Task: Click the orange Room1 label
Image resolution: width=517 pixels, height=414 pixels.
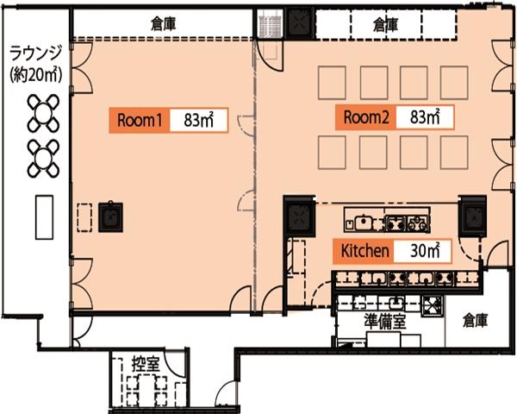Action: (x=140, y=120)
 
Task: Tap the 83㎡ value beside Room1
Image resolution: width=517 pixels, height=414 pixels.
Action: (x=199, y=120)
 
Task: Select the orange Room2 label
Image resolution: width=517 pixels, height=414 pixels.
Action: (x=366, y=117)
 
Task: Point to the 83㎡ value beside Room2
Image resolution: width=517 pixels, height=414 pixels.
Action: (x=425, y=117)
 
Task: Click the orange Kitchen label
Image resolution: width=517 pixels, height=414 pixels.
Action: (x=364, y=251)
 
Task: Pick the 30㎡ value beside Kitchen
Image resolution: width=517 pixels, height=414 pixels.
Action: (x=423, y=251)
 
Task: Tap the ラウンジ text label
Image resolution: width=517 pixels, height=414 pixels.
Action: (x=35, y=53)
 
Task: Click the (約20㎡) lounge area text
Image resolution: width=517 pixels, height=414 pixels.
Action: (x=36, y=75)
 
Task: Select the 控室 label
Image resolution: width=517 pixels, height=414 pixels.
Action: (x=146, y=364)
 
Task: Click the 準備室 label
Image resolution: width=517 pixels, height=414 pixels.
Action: (x=384, y=321)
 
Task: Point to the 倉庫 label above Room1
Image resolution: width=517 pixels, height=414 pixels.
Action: (x=163, y=24)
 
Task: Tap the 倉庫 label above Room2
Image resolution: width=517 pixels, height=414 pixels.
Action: (x=385, y=24)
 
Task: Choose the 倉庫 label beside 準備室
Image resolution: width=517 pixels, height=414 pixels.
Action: (x=475, y=320)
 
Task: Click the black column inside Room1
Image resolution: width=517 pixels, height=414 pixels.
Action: (x=111, y=216)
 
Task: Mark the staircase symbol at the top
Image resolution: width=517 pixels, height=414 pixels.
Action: (x=270, y=24)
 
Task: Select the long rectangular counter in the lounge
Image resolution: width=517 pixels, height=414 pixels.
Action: (x=44, y=217)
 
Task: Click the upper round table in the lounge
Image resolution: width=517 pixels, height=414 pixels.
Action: (x=43, y=113)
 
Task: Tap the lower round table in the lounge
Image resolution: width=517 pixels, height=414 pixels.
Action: (x=43, y=159)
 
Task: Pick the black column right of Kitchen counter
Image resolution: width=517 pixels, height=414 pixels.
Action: (x=474, y=216)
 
